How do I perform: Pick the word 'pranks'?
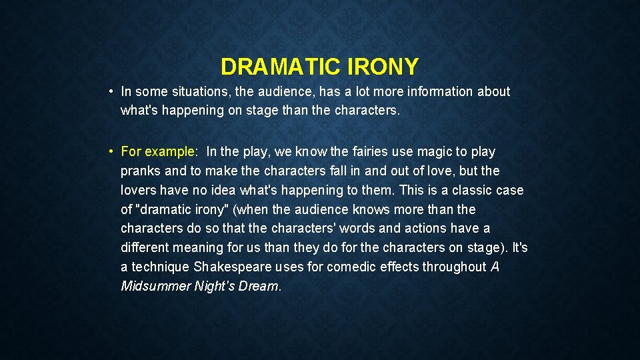coord(141,171)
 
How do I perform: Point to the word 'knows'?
coord(367,210)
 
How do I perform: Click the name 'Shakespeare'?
coord(233,267)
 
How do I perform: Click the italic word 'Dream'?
coord(261,287)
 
